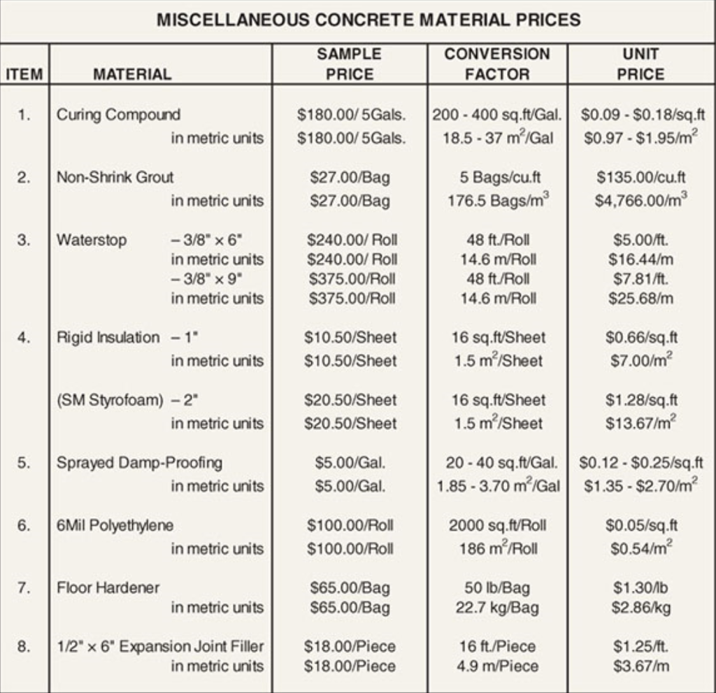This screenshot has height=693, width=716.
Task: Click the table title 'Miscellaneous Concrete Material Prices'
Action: (x=368, y=20)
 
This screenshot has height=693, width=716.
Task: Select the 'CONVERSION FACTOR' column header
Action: (x=497, y=64)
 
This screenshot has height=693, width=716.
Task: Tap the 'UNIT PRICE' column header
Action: (x=640, y=64)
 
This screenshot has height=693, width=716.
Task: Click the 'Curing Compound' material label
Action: (x=118, y=115)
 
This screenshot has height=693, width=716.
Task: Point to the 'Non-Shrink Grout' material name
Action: (x=115, y=177)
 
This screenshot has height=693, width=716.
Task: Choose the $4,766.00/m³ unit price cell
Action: (x=640, y=201)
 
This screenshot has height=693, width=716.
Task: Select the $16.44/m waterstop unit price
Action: (x=640, y=259)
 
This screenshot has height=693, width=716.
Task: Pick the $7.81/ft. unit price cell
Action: (x=640, y=279)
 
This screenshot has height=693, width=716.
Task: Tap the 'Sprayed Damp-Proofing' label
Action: (x=139, y=463)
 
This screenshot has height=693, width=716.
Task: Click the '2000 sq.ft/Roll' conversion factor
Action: (x=498, y=525)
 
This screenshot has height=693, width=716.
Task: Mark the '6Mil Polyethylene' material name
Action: (x=115, y=525)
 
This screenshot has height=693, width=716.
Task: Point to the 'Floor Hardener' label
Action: (x=108, y=588)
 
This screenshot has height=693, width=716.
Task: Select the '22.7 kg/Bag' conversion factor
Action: (x=497, y=608)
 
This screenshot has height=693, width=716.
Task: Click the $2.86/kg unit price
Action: (x=640, y=608)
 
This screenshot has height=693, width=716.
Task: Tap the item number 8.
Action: (x=24, y=646)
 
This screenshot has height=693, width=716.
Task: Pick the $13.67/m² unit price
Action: (x=640, y=423)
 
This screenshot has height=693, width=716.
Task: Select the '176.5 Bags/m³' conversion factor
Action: (x=498, y=201)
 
